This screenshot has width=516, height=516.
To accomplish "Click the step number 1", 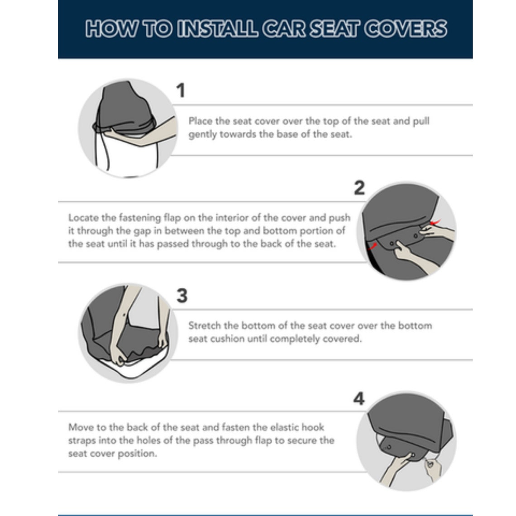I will pyautogui.click(x=181, y=91).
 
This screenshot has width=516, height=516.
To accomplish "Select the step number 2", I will pyautogui.click(x=359, y=188).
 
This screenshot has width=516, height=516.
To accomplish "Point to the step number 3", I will pyautogui.click(x=182, y=296).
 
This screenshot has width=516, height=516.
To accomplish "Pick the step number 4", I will pyautogui.click(x=358, y=399).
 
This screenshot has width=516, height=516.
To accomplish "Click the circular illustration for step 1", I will pyautogui.click(x=127, y=128).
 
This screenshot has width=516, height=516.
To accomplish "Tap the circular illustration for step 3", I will pyautogui.click(x=126, y=333).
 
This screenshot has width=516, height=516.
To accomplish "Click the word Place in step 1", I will pyautogui.click(x=200, y=121).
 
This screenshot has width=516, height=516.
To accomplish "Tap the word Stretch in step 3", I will pyautogui.click(x=204, y=325).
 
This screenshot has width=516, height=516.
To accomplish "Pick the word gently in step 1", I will pyautogui.click(x=202, y=135).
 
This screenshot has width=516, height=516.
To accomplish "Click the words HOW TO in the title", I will pyautogui.click(x=129, y=29).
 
